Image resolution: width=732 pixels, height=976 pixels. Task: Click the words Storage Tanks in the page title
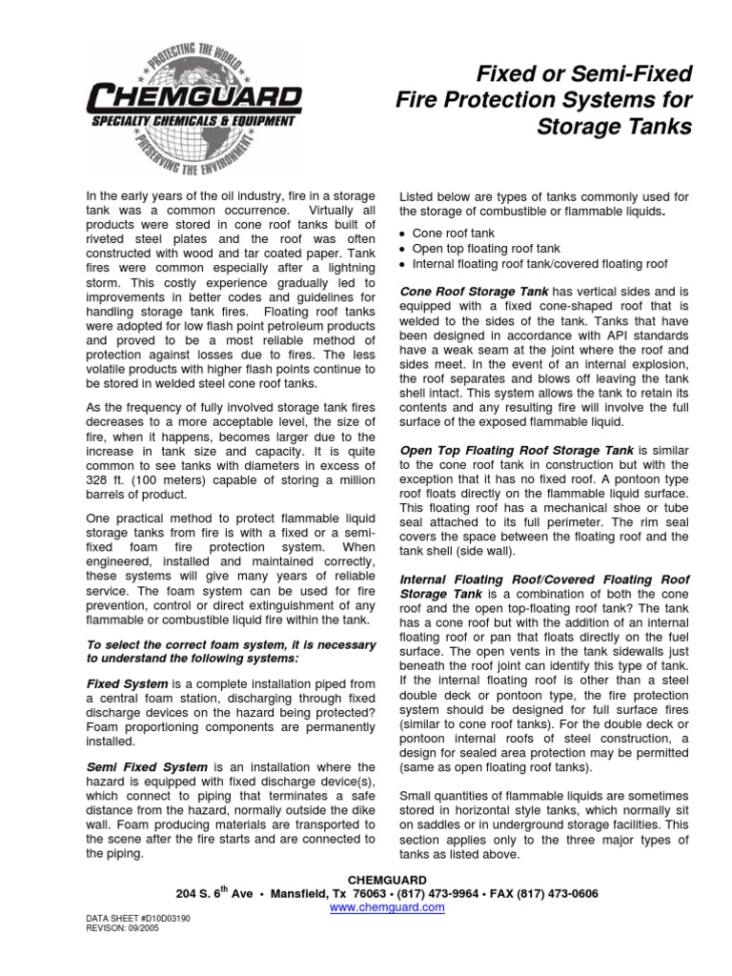(614, 127)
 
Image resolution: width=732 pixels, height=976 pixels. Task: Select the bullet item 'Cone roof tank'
(453, 232)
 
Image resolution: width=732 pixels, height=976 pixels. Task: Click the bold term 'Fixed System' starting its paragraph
(128, 684)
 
